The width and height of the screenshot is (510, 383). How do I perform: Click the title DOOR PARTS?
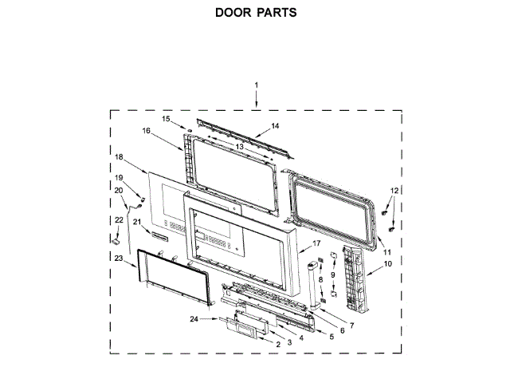click(x=255, y=14)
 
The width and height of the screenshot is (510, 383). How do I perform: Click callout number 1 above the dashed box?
click(x=257, y=85)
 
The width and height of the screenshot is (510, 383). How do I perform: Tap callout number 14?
click(x=275, y=126)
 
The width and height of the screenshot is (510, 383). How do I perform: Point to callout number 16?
click(x=147, y=131)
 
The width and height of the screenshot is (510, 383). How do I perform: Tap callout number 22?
click(x=119, y=219)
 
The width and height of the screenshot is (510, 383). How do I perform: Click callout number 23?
click(x=119, y=259)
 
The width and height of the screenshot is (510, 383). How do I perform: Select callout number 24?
click(x=194, y=320)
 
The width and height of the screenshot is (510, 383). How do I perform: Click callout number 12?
click(x=393, y=189)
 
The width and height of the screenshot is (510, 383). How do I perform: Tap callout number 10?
click(x=388, y=263)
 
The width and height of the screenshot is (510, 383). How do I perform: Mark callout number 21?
click(x=136, y=221)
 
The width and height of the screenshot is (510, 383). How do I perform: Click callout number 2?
click(x=278, y=345)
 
